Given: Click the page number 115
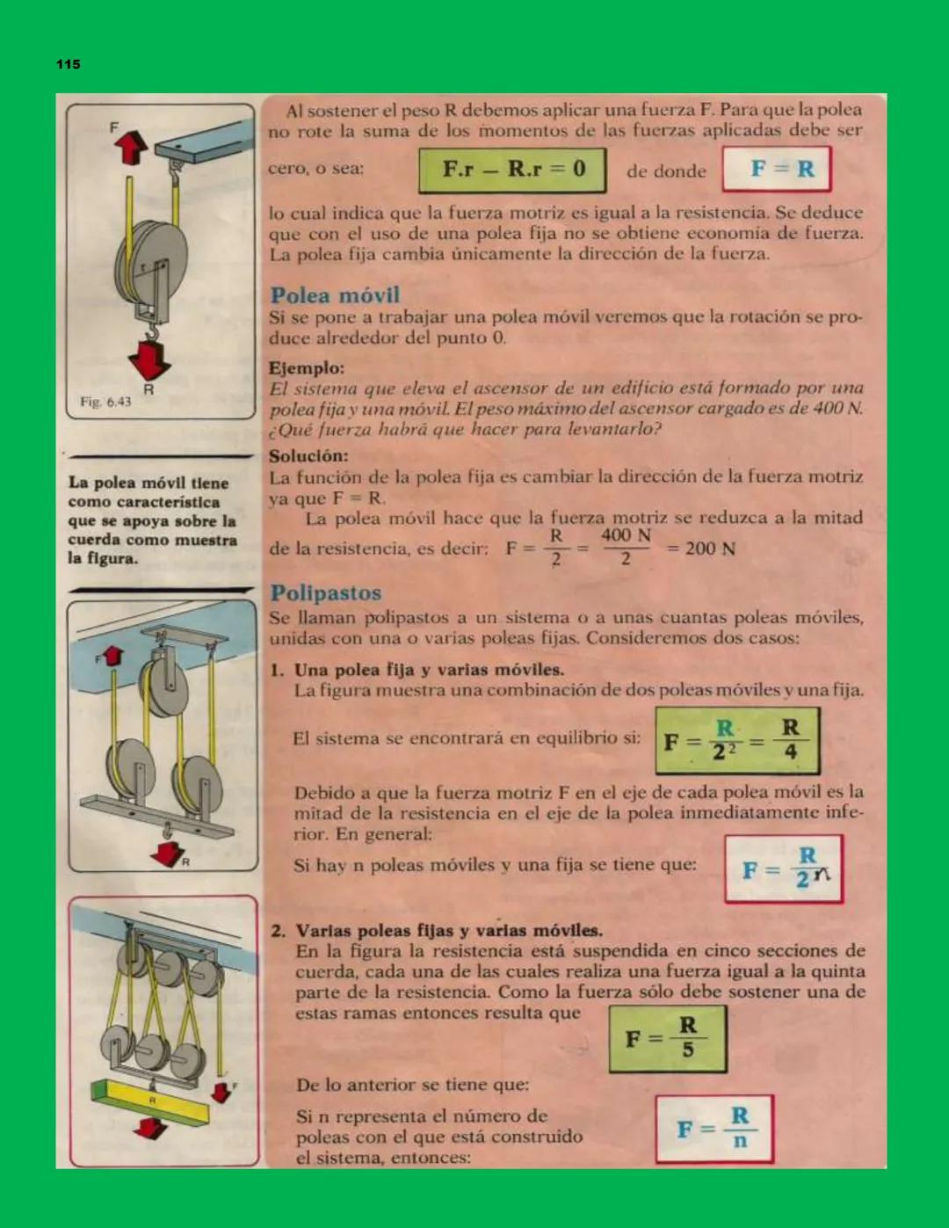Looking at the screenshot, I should [69, 64].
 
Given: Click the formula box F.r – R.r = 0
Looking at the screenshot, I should [512, 170].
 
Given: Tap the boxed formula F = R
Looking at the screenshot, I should [777, 169].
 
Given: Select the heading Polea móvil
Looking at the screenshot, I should [335, 295].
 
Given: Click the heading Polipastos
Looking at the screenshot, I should [325, 592].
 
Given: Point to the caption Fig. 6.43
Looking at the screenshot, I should [105, 402].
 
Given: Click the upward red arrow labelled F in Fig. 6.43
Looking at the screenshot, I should [131, 147].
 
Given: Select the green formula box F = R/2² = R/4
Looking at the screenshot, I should [737, 740].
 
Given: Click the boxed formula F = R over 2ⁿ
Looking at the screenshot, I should [783, 868].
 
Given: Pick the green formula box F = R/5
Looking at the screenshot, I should [667, 1039].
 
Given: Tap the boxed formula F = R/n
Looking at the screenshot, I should [714, 1129].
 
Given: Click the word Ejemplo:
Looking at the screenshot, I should [307, 368].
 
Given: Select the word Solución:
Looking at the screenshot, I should [308, 456].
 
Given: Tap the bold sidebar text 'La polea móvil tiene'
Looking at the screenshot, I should [149, 483].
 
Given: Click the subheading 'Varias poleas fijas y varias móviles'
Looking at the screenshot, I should [449, 931].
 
